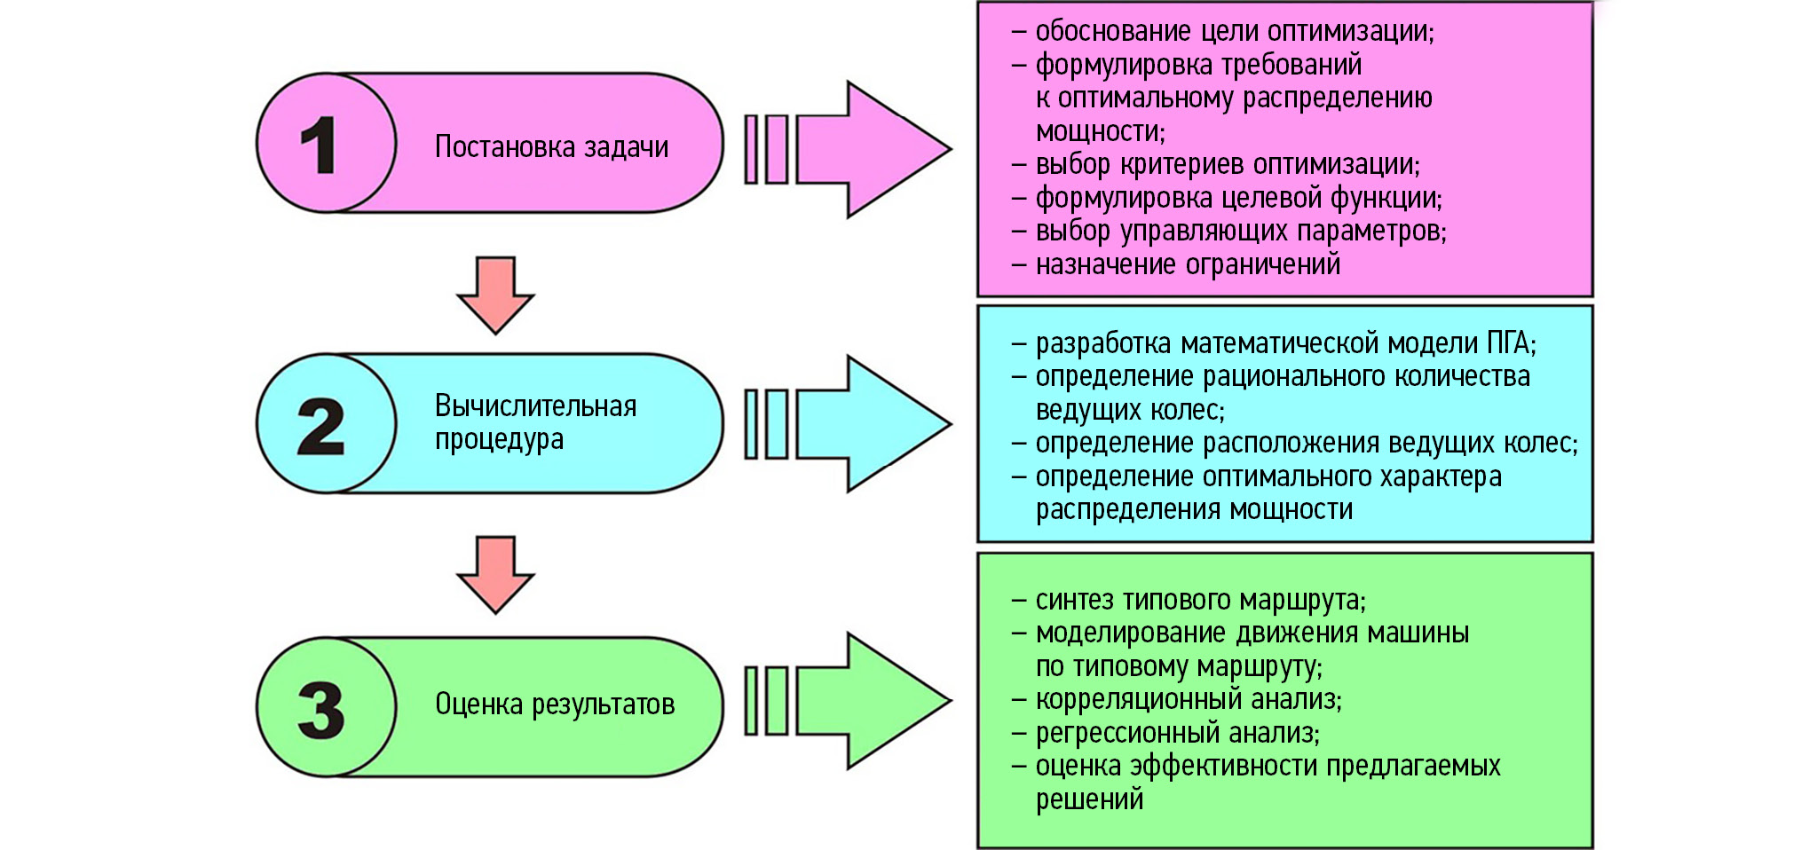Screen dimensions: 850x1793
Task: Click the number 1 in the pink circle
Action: click(319, 145)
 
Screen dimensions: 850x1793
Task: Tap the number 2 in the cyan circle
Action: click(320, 427)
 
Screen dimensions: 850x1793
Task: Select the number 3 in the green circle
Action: click(320, 710)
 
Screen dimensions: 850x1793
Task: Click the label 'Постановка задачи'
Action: click(551, 146)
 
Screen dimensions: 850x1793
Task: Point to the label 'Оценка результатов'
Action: click(555, 704)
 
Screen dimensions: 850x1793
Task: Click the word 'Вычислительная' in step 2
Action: click(535, 406)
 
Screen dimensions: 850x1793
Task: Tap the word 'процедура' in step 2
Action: click(499, 439)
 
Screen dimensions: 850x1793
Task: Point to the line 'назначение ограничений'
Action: click(1188, 264)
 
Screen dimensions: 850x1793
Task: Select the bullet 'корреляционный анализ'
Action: click(1188, 700)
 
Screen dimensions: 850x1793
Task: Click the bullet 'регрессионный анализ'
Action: click(1177, 733)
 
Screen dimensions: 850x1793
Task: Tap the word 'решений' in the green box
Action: click(1089, 799)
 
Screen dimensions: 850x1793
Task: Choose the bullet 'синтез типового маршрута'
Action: click(1200, 601)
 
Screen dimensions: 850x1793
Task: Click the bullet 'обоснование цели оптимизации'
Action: click(1234, 32)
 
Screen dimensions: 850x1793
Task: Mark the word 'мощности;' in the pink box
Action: click(1101, 131)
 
